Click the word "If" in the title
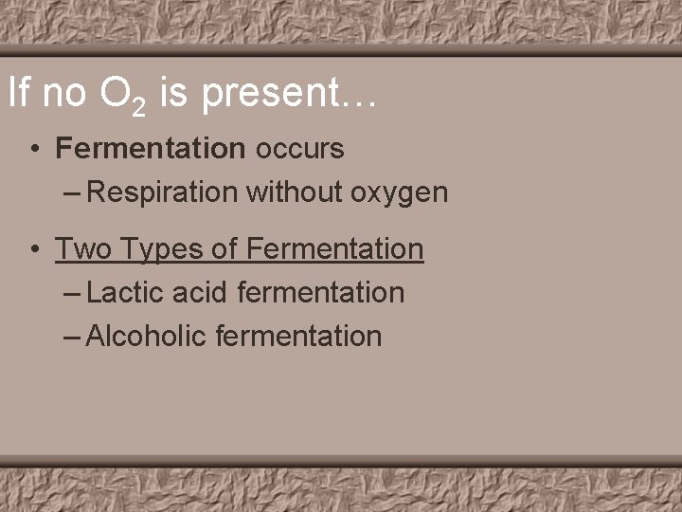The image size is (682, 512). click(17, 93)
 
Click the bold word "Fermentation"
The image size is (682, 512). click(151, 149)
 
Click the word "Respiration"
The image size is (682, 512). click(162, 192)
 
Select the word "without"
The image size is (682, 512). click(294, 192)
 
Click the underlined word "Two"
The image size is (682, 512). click(79, 249)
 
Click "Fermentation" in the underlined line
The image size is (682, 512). click(334, 249)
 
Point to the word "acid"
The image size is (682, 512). click(200, 293)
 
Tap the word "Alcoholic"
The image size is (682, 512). click(146, 336)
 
